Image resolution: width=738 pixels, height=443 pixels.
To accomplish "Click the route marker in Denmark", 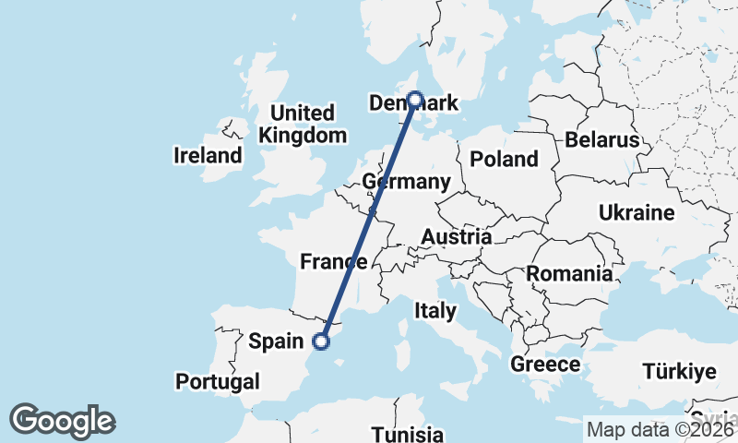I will (x=415, y=99).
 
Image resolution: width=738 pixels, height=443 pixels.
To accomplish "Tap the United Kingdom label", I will (x=303, y=124).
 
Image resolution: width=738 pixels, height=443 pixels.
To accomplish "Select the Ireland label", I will (x=208, y=156).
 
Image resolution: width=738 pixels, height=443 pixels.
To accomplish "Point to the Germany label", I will (x=407, y=181).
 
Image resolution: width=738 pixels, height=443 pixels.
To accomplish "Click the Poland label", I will (x=504, y=159).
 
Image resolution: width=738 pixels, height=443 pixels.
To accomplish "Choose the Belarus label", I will (x=602, y=140).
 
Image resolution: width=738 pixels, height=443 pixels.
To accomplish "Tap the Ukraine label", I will (x=637, y=213).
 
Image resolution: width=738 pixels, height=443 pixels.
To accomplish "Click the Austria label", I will (x=457, y=237).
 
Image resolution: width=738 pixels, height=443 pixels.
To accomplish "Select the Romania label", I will (x=569, y=273).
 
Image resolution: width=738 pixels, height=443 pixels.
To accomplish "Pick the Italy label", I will (x=434, y=310).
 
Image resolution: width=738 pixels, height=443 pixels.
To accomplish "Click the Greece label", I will (x=545, y=365).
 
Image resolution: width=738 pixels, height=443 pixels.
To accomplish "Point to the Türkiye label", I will (x=679, y=372).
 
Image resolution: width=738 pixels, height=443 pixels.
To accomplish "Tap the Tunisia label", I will (x=407, y=434).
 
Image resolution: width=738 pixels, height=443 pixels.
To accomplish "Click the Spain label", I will (x=277, y=341).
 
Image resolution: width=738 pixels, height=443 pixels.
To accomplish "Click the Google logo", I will (x=62, y=421).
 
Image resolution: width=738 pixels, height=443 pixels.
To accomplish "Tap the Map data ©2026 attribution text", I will (x=661, y=429).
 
